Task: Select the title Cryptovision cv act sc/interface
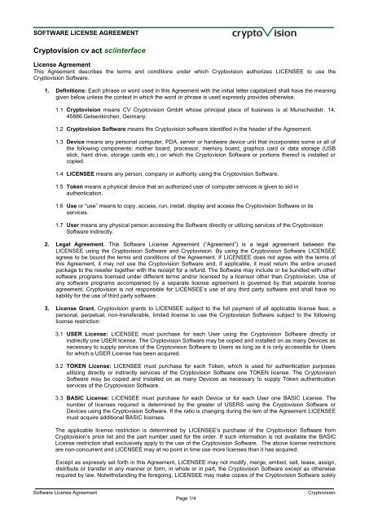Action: [90, 50]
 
